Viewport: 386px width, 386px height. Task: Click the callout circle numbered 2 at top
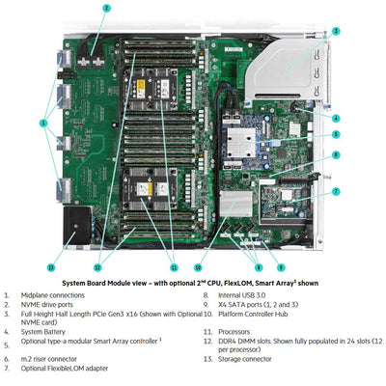click(107, 8)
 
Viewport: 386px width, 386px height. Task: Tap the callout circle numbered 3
click(335, 31)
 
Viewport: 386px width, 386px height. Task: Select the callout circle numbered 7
click(335, 191)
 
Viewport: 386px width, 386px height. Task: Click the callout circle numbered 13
click(51, 266)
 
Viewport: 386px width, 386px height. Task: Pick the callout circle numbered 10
click(197, 266)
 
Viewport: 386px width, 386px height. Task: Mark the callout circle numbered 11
click(173, 266)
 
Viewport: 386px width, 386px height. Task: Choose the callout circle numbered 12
click(97, 266)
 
